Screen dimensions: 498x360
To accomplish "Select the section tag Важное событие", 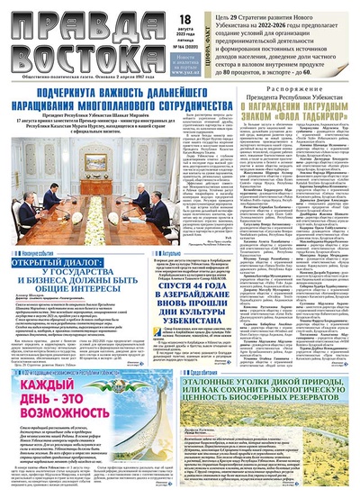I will click(x=31, y=256).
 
